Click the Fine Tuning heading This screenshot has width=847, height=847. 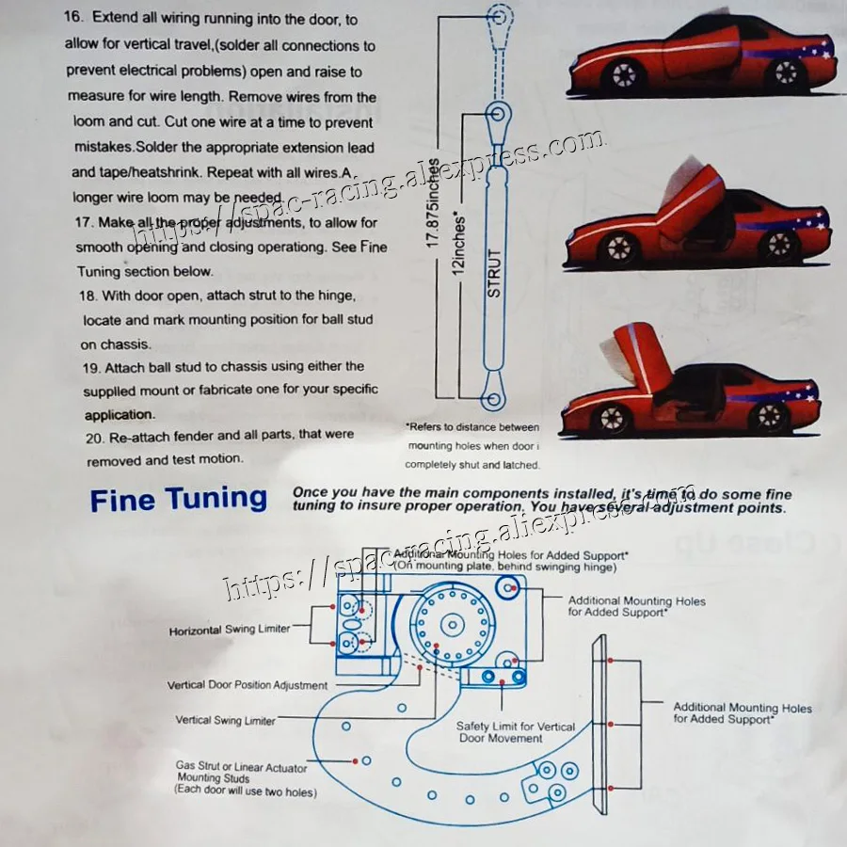178,499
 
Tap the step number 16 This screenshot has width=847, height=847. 74,20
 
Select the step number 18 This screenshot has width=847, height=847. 86,296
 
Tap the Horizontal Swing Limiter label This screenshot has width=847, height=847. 230,630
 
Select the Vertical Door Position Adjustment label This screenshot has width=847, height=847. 248,685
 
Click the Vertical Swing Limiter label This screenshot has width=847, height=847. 226,721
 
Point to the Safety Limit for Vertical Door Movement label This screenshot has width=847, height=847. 516,731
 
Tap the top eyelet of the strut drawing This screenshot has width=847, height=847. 499,16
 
